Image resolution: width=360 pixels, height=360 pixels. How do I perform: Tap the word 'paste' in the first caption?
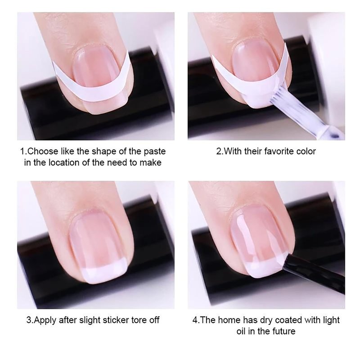tap(155, 152)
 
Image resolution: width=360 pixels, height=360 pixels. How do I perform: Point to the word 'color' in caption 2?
tap(307, 151)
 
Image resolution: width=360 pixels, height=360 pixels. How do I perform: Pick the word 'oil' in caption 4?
tap(241, 331)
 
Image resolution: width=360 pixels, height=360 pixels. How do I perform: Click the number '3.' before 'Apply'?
tap(30, 320)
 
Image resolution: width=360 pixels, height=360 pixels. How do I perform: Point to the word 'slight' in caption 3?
tap(90, 320)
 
